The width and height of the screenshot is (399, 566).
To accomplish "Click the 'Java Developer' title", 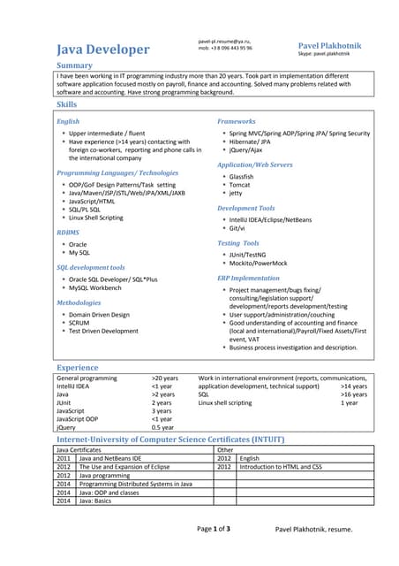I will tap(102, 50).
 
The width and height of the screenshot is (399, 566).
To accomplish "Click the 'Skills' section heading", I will tap(66, 104).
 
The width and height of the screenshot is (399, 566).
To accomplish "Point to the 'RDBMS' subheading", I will tap(68, 232).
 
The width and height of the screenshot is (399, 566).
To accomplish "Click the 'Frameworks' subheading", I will tap(237, 121).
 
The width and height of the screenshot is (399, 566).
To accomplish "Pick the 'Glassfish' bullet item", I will tap(241, 176).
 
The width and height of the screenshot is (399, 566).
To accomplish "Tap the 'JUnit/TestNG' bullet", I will tap(247, 254).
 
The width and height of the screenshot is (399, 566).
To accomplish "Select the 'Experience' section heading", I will tap(78, 366).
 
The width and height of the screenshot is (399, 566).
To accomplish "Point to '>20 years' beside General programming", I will tap(164, 378).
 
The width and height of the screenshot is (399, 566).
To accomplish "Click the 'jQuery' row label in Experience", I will tap(66, 427).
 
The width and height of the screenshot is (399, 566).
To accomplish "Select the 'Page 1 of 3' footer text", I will tap(214, 528).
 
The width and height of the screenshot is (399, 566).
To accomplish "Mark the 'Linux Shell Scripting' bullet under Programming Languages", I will tap(96, 218).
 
